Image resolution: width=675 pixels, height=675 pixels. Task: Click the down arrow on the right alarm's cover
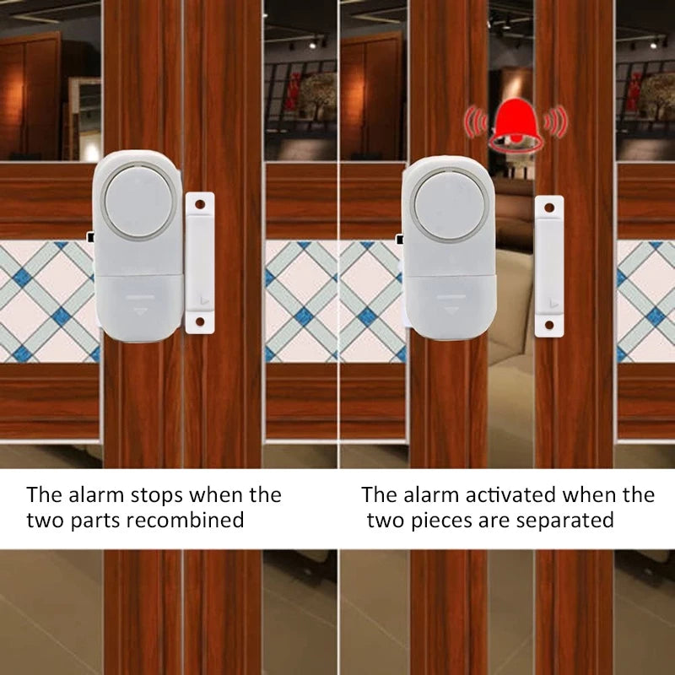point(449,310)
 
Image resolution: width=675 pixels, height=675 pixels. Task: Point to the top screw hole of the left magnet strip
point(200,203)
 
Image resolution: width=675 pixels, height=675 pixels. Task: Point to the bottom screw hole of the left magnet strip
point(200,322)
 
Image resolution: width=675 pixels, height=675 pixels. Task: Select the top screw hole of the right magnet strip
point(549,207)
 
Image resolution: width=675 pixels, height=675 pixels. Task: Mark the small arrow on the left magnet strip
point(201,297)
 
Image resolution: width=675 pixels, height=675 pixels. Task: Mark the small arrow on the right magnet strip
point(550,301)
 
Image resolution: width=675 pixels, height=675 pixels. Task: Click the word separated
point(563,520)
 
